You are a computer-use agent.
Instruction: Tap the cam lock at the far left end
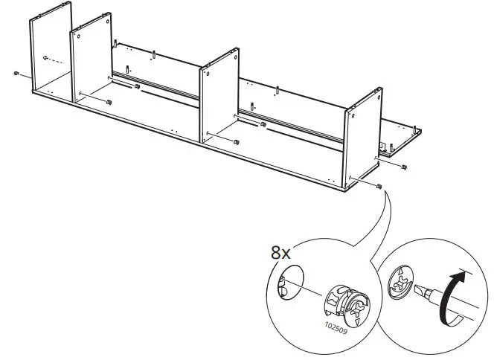16,74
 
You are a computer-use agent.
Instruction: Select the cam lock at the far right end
403,166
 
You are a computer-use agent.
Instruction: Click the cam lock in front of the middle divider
236,141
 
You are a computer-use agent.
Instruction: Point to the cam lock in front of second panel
109,101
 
